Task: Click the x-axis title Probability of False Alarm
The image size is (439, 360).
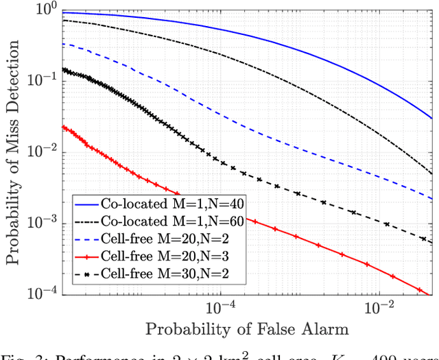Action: [247, 329]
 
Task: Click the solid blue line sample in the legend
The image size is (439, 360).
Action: [87, 204]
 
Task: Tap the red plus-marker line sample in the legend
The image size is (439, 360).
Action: [87, 257]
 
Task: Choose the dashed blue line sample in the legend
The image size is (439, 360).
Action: [87, 239]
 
